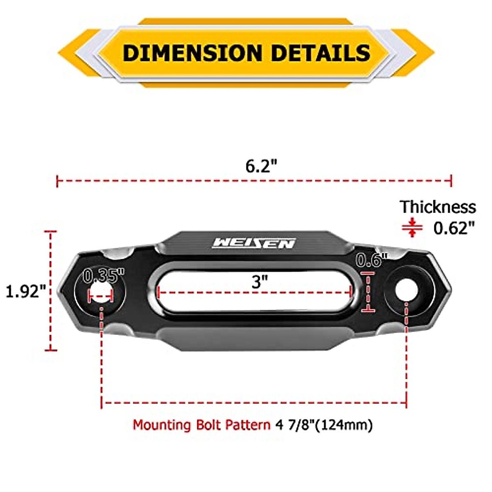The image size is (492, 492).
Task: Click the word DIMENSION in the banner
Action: (x=192, y=53)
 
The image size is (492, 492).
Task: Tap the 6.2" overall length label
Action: (x=261, y=166)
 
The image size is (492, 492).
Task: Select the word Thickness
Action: (x=438, y=207)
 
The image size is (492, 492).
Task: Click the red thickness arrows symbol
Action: (x=412, y=228)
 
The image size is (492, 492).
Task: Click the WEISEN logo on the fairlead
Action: (x=254, y=243)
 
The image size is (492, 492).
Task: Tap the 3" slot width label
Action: (x=260, y=282)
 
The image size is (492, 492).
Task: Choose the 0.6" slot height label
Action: (x=371, y=260)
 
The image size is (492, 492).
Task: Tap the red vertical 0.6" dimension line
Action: (x=368, y=292)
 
